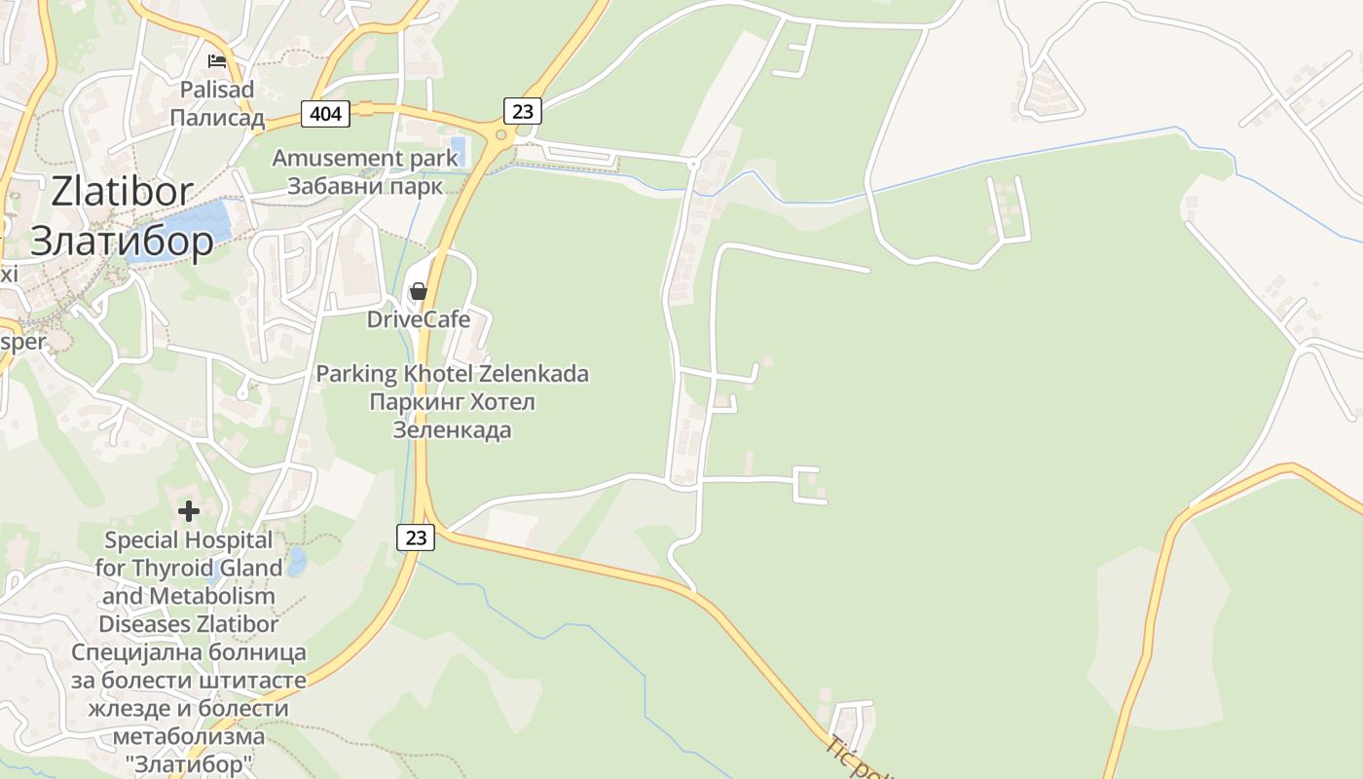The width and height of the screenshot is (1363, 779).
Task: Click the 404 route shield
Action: pyautogui.click(x=325, y=114)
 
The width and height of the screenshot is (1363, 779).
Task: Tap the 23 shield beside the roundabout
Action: pyautogui.click(x=523, y=111)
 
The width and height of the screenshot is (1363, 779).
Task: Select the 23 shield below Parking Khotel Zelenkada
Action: pyautogui.click(x=417, y=537)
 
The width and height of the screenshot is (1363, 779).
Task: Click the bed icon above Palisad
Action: pyautogui.click(x=217, y=61)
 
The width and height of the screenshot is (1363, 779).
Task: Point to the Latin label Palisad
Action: pyautogui.click(x=217, y=90)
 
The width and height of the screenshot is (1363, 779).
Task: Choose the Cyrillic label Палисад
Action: pyautogui.click(x=217, y=119)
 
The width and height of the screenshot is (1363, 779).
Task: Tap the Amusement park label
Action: pyautogui.click(x=365, y=158)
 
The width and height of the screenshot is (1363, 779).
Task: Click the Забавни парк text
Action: pyautogui.click(x=365, y=186)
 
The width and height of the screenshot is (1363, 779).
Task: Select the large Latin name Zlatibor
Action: pyautogui.click(x=123, y=192)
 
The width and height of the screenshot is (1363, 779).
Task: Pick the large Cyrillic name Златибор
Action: pyautogui.click(x=123, y=241)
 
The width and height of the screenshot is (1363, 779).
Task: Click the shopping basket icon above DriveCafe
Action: pyautogui.click(x=419, y=291)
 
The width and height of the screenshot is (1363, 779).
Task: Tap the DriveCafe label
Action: pyautogui.click(x=419, y=319)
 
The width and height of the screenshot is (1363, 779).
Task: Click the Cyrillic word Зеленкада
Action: pyautogui.click(x=452, y=429)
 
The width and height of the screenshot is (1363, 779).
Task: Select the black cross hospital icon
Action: pyautogui.click(x=189, y=510)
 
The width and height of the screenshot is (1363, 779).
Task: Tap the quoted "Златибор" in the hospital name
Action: pyautogui.click(x=189, y=764)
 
